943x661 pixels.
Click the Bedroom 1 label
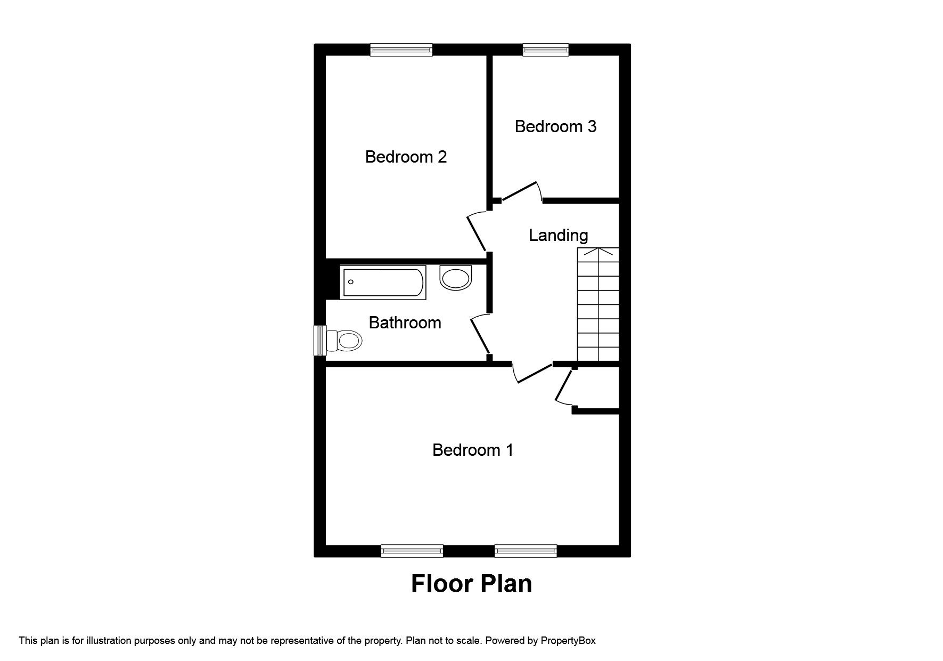472,450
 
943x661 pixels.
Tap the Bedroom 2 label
406,157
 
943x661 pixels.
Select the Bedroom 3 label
555,126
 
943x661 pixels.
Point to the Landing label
558,235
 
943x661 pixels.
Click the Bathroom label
405,323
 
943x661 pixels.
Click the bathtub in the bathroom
383,282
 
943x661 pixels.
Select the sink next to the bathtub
456,278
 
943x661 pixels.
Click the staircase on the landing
598,305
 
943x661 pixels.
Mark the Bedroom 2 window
401,50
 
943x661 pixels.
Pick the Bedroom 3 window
546,50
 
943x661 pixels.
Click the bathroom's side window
320,340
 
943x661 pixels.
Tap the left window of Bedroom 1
412,551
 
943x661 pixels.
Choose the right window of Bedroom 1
526,551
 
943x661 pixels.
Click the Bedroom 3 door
520,192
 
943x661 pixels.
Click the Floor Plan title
471,584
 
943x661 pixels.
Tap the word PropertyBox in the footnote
568,641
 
